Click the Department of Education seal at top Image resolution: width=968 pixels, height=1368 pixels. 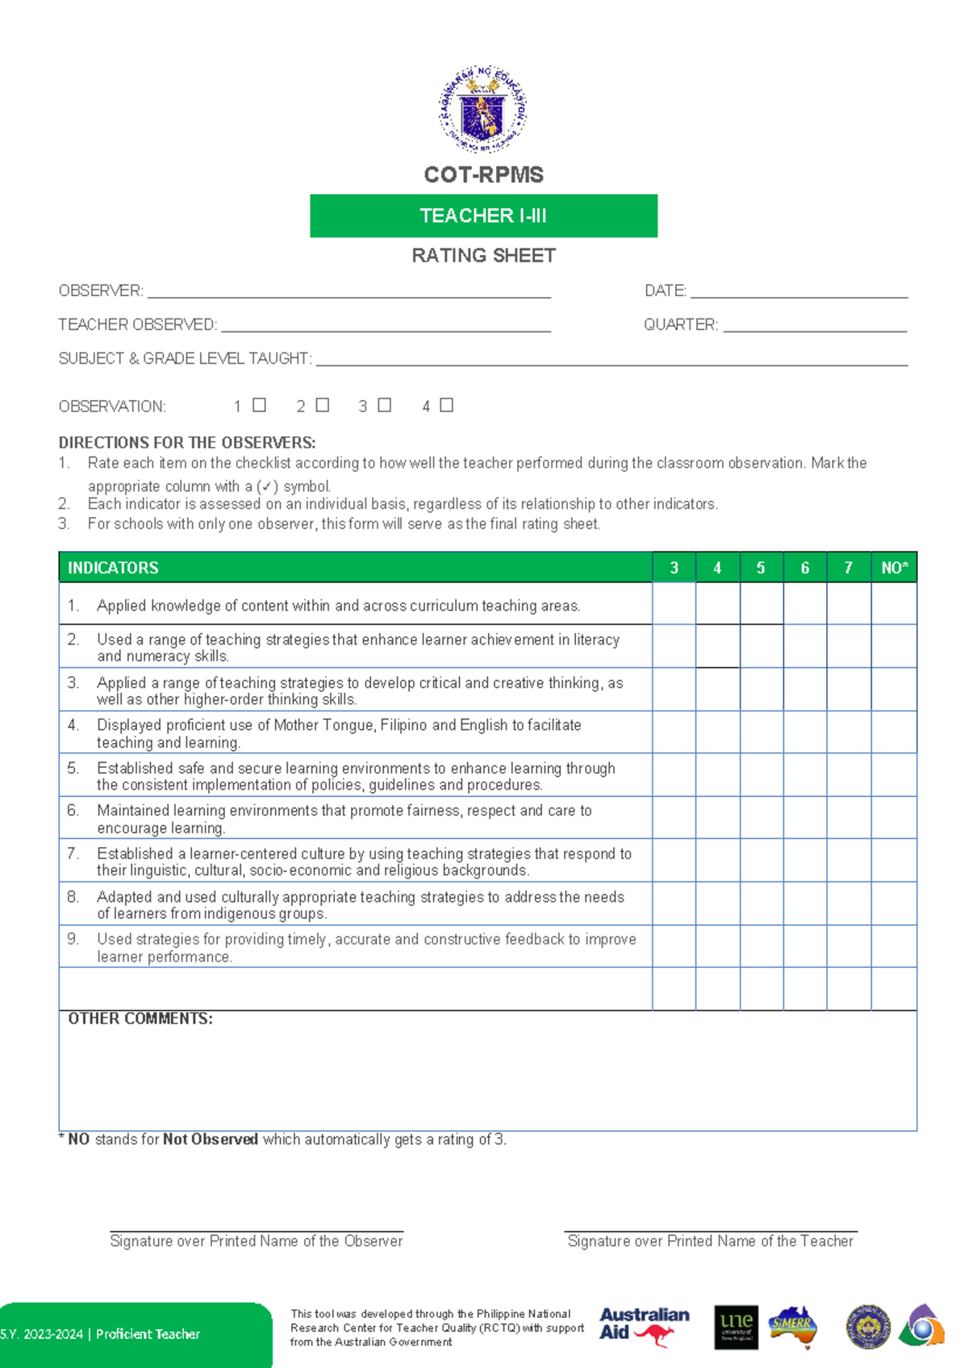(482, 110)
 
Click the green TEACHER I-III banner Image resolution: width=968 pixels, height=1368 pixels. (483, 215)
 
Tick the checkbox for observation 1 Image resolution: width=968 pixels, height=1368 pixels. (259, 405)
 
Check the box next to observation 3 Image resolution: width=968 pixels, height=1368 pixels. (385, 405)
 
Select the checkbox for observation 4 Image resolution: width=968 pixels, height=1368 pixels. (446, 405)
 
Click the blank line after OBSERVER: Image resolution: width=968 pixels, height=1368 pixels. (348, 293)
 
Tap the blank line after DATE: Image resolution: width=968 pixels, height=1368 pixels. (799, 293)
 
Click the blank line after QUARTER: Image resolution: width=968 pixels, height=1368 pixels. (815, 327)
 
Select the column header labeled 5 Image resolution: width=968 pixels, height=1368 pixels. (761, 568)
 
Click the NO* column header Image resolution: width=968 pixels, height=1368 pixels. (894, 568)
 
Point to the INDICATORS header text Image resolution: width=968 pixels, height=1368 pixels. (113, 568)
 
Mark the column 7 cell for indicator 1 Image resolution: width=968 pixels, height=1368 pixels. (849, 603)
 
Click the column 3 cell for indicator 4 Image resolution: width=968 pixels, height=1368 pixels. (674, 732)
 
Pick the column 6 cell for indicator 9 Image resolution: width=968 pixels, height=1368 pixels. (804, 946)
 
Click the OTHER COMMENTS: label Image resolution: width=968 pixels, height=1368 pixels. (140, 1019)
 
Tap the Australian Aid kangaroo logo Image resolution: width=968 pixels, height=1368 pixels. (644, 1326)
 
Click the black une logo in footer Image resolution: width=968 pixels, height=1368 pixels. (736, 1326)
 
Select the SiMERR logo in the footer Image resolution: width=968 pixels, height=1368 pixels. (792, 1326)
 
